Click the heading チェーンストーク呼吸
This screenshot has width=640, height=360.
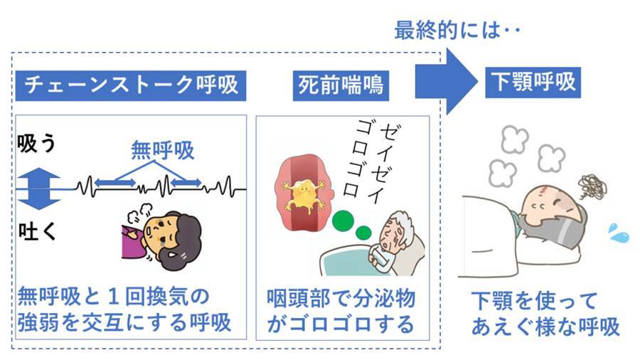131,85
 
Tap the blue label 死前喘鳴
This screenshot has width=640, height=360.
341,85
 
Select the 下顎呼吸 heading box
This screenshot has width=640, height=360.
533,82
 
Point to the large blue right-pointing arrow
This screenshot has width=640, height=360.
446,82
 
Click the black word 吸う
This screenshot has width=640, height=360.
37,143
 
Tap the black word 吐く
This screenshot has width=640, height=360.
37,231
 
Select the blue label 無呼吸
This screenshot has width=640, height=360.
162,150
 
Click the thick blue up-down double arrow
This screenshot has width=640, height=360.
39,189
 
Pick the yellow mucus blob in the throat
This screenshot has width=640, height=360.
302,195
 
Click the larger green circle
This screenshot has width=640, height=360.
343,221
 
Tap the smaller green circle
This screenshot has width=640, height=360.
363,233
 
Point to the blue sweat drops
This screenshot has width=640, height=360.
619,233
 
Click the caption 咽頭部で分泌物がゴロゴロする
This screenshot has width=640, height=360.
341,311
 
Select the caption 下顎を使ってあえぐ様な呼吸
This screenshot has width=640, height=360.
545,314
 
